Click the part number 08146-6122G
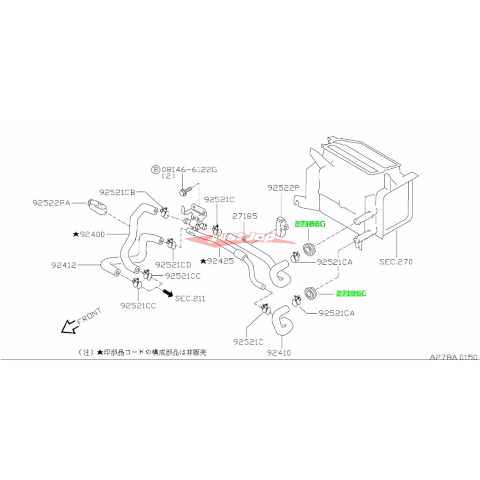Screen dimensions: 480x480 pos(189,169)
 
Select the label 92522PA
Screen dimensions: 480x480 pos(52,203)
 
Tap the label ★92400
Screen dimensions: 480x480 pos(89,234)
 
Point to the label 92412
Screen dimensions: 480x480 pos(64,265)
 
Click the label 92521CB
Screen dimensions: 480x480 pos(117,192)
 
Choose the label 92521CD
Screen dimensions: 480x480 pos(173,264)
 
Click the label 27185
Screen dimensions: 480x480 pos(245,216)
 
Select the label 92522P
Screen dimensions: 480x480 pos(284,188)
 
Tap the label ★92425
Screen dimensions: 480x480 pos(217,261)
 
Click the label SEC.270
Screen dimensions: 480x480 pos(396,262)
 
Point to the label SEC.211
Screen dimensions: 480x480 pos(190,299)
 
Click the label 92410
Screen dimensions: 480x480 pos(278,353)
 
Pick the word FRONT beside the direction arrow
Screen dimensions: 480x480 pos(89,316)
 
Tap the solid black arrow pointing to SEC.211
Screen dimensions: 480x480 pos(168,293)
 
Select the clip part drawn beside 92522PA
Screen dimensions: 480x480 pos(97,207)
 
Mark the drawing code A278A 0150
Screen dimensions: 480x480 pos(454,357)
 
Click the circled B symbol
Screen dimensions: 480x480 pos(156,169)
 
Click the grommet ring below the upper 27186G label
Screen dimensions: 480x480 pos(308,248)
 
